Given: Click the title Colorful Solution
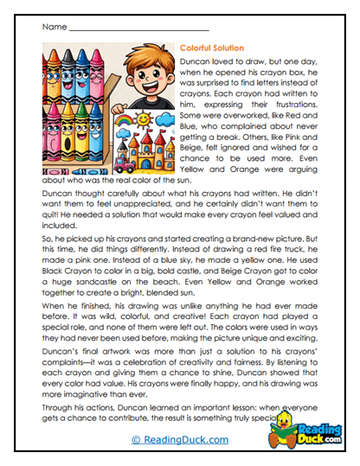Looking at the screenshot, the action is tap(212, 48).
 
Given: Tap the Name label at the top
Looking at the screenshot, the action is tap(53, 27).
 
